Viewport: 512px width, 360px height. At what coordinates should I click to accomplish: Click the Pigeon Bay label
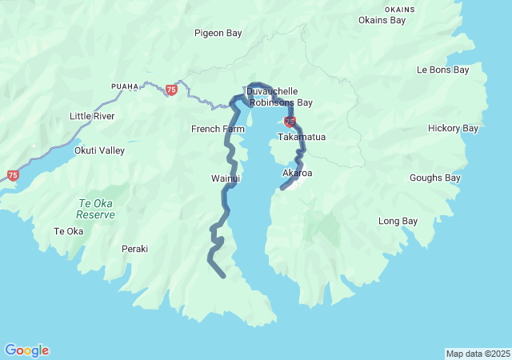tap(218, 33)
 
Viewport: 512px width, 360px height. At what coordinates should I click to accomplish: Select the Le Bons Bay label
tap(442, 70)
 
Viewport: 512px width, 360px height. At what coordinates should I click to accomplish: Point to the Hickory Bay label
tap(453, 128)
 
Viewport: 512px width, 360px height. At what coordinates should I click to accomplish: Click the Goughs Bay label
tap(435, 178)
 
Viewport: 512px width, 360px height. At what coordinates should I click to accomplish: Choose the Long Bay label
tap(398, 221)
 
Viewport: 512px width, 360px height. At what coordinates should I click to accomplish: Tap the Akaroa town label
tap(298, 173)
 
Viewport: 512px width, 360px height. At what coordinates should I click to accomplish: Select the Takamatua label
tap(302, 137)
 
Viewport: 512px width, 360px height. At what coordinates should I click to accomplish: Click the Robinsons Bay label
tap(281, 102)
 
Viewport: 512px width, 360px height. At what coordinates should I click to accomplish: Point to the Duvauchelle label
tap(271, 91)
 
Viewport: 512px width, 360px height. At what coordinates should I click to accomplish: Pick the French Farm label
tap(218, 129)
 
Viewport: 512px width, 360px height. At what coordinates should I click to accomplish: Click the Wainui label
tap(226, 178)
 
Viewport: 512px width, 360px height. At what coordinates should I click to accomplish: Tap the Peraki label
tap(134, 249)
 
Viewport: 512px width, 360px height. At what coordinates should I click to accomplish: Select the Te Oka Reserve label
tap(96, 209)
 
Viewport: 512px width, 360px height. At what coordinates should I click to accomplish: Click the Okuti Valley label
tap(99, 150)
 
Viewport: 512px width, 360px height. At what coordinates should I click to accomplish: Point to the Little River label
tap(92, 116)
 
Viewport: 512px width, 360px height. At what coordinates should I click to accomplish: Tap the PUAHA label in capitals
tap(125, 86)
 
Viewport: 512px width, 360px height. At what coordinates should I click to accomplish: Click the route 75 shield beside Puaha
tap(171, 90)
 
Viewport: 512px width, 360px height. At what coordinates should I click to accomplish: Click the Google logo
tap(26, 350)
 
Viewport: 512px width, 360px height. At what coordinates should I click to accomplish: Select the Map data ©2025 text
tap(477, 354)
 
